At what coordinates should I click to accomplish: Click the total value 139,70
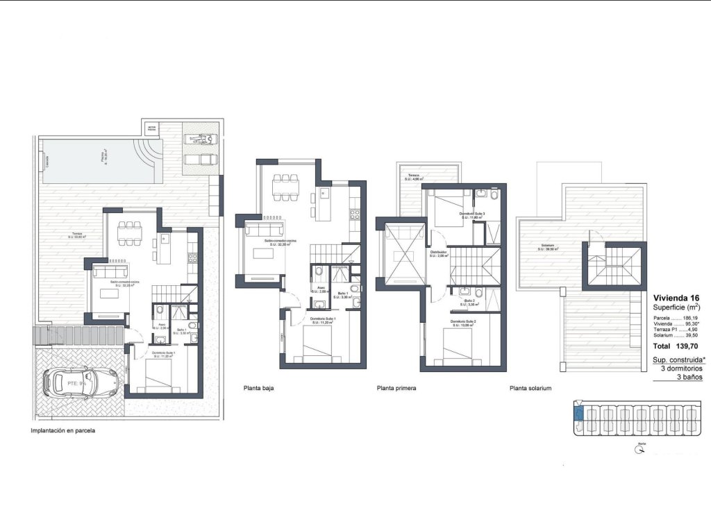[x=689, y=346]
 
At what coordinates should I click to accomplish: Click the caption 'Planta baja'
[x=258, y=389]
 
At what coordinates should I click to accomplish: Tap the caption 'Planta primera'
[x=396, y=389]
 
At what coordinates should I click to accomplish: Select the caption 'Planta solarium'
[x=530, y=389]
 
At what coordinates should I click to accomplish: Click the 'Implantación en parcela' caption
[x=63, y=430]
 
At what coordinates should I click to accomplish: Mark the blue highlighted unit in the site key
[x=578, y=414]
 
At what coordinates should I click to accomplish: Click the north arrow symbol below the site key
[x=637, y=450]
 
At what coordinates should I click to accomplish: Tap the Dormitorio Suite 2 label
[x=462, y=323]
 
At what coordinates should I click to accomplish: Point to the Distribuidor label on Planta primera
[x=438, y=253]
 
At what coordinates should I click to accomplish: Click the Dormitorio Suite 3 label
[x=471, y=214]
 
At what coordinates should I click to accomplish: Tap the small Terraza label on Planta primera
[x=414, y=177]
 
